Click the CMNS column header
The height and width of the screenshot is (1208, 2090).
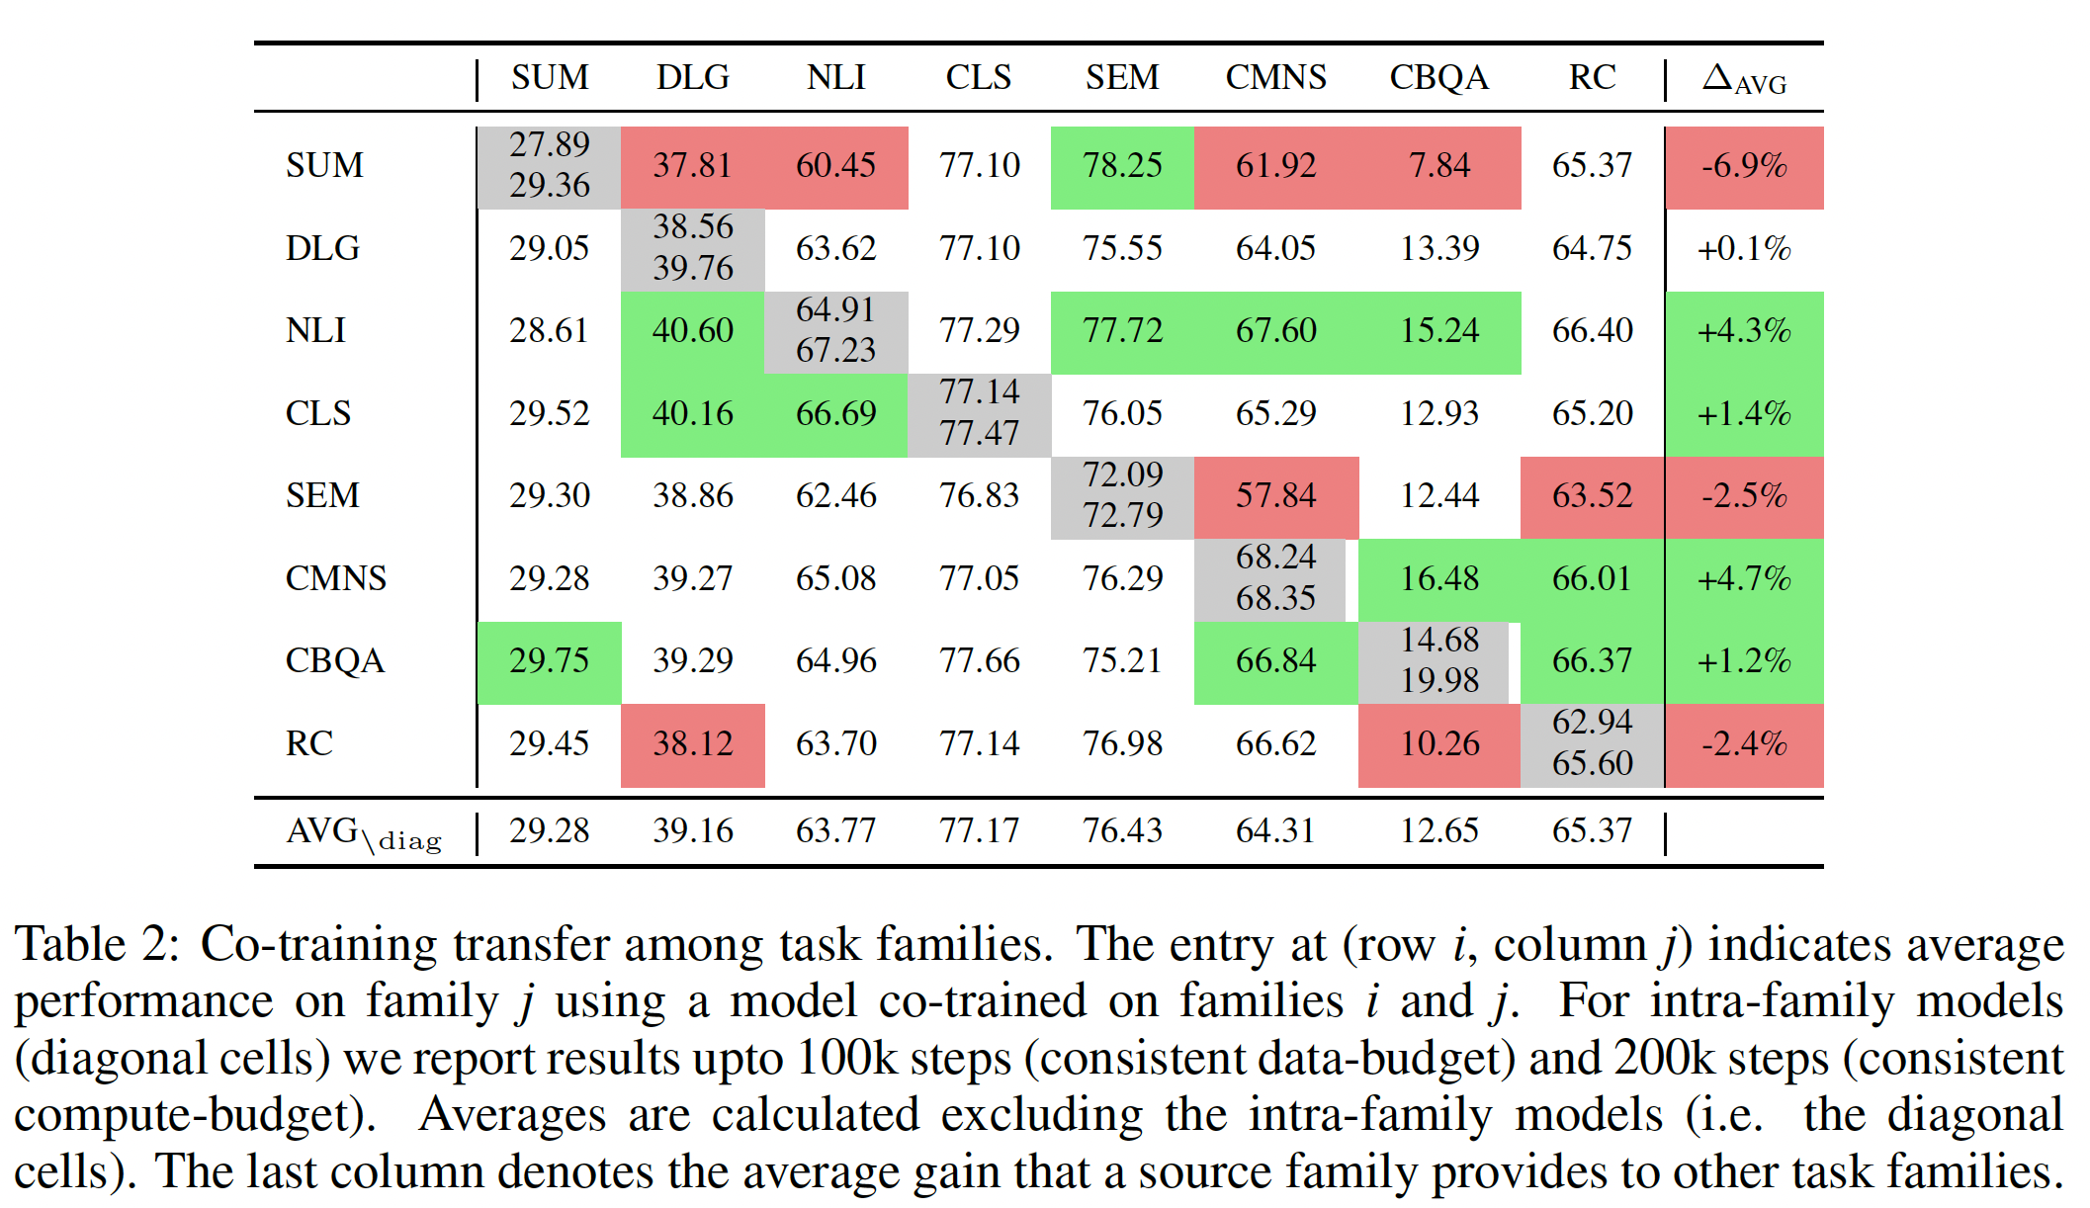pos(1275,77)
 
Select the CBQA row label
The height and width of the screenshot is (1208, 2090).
pos(334,660)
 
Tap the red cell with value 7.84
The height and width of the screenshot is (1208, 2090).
pos(1438,165)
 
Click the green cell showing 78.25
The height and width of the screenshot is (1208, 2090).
pos(1122,165)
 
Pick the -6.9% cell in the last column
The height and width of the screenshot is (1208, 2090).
pos(1744,165)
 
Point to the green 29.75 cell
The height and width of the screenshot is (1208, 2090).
pos(549,660)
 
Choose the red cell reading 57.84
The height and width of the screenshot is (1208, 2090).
pos(1275,495)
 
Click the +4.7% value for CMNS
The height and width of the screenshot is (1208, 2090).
pos(1744,578)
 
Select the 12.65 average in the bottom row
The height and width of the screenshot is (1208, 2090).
pos(1438,830)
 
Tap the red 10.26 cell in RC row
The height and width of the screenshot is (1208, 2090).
pos(1438,743)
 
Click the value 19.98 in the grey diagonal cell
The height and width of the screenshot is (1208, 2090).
pos(1438,681)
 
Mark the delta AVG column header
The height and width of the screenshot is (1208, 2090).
pos(1744,79)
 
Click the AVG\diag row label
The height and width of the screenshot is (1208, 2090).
pos(363,832)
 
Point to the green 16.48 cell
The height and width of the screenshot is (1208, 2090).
pos(1438,578)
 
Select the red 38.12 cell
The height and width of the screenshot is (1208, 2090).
pos(692,743)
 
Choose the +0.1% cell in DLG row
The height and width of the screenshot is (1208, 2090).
pos(1744,248)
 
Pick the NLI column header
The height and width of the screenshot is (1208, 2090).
pos(835,77)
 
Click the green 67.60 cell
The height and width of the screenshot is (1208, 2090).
pos(1275,330)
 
